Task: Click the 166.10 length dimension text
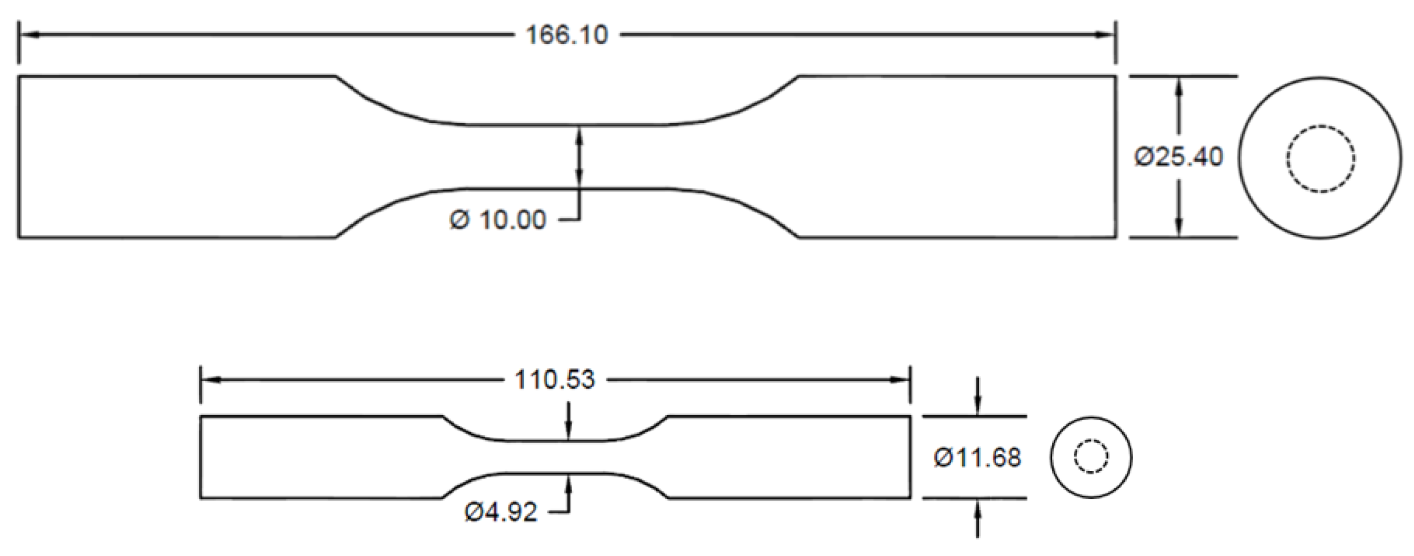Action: [x=567, y=35]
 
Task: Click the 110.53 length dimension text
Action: [x=554, y=380]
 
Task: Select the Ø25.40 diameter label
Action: [x=1179, y=157]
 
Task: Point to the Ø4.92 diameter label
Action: [x=500, y=512]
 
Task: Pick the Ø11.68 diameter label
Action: [x=977, y=458]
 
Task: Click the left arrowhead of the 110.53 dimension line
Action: [x=211, y=380]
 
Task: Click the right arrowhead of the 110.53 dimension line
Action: [x=900, y=380]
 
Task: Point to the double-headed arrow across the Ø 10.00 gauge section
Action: [x=580, y=157]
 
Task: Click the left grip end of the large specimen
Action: [x=171, y=157]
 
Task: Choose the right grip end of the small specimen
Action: [x=789, y=457]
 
